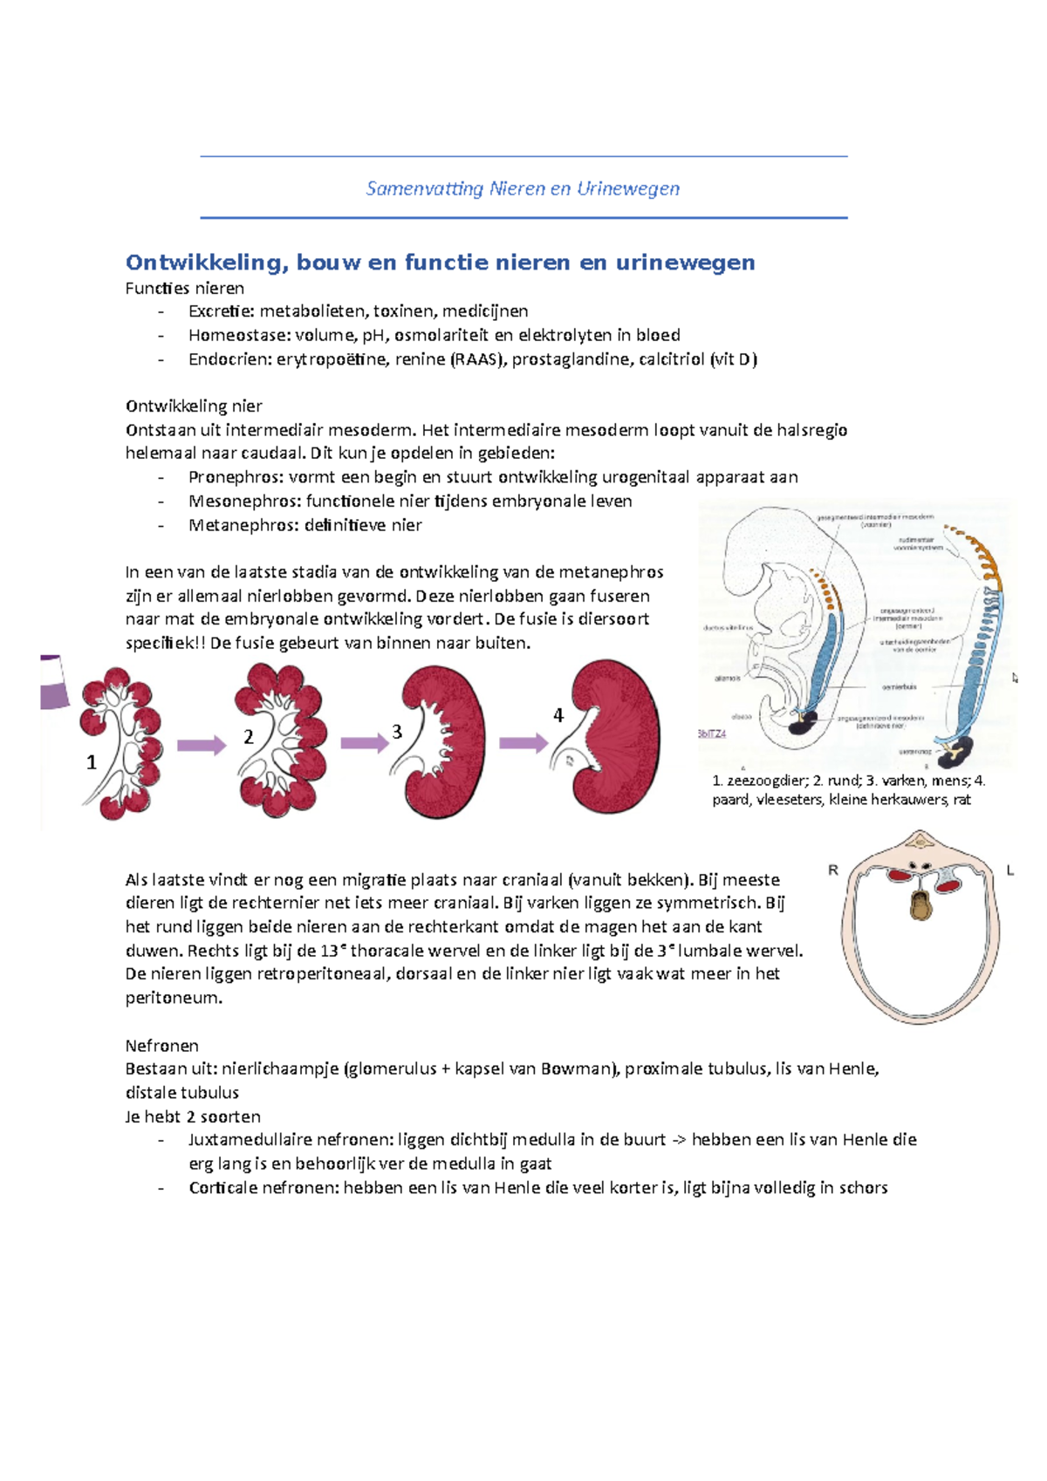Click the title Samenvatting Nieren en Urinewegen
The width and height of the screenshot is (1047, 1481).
523,188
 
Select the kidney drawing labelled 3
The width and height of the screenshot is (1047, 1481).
441,741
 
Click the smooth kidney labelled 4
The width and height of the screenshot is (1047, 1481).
611,737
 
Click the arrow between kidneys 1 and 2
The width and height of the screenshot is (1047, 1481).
202,745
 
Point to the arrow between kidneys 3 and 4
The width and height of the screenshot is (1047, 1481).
523,743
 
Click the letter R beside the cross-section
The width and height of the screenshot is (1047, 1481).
833,870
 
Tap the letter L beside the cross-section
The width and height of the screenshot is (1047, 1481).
1010,870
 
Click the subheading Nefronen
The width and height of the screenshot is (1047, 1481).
161,1045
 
